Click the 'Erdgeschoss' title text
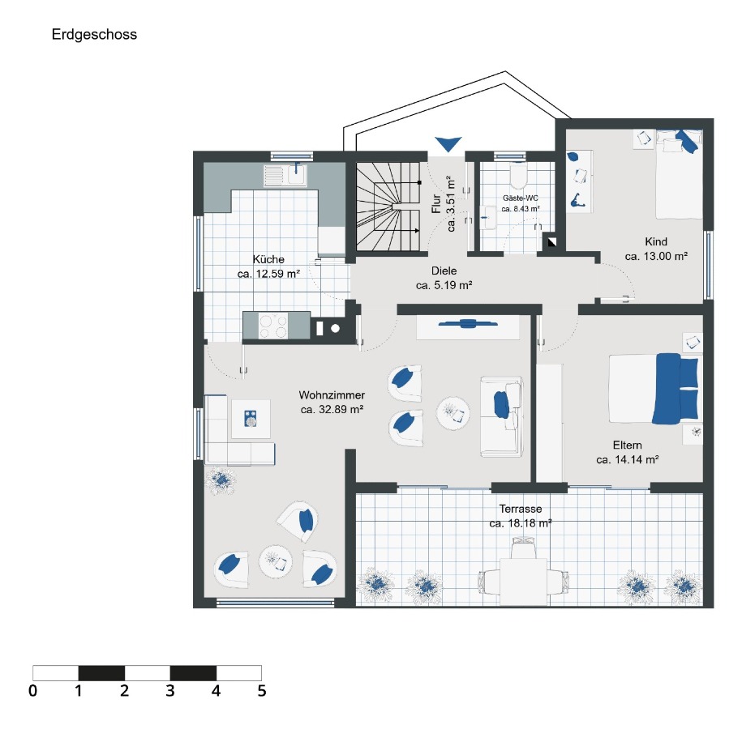(x=94, y=35)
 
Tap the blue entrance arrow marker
(x=447, y=144)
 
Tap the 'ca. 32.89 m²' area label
(x=332, y=410)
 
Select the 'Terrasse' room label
(x=521, y=509)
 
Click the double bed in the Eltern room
(x=654, y=388)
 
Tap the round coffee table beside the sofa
(x=453, y=414)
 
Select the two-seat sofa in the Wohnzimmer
(x=500, y=416)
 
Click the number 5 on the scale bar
(x=261, y=691)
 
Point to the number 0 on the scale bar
(x=32, y=691)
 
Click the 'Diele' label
(x=444, y=271)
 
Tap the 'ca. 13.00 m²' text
(x=656, y=256)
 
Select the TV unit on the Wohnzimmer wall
(x=468, y=326)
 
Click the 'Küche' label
(x=268, y=260)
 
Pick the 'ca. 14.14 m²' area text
(x=627, y=459)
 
